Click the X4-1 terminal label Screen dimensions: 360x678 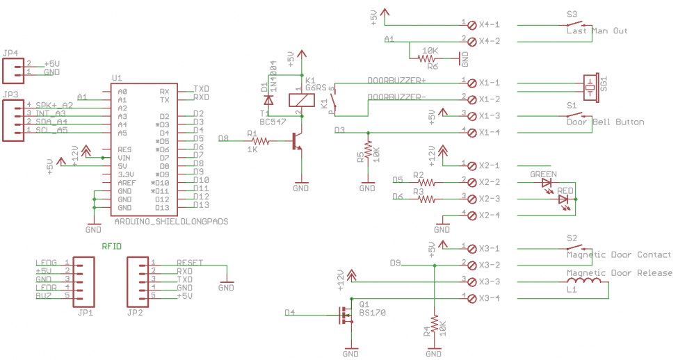(x=489, y=24)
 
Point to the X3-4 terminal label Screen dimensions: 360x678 (x=489, y=298)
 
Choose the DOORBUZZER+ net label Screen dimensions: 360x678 (x=396, y=80)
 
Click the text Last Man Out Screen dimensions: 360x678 (x=597, y=31)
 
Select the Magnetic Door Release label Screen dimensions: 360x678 (x=619, y=273)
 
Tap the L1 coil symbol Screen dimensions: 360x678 (x=590, y=281)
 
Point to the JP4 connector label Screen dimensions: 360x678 (x=10, y=51)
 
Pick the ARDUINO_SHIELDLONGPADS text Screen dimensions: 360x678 (x=170, y=221)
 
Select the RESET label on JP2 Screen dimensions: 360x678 (x=190, y=262)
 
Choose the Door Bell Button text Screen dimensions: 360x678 (x=605, y=122)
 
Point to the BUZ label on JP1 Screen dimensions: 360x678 (x=44, y=295)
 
